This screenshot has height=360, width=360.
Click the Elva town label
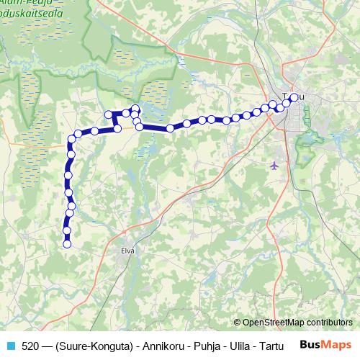tap(129, 251)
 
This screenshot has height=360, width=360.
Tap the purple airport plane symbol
tap(274, 166)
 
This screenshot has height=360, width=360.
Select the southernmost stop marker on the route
tap(67, 244)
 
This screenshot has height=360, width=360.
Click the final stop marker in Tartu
tap(294, 97)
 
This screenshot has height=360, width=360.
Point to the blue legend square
tap(11, 345)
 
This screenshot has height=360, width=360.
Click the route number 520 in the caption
tap(30, 345)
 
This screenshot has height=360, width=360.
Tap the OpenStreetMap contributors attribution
tap(297, 323)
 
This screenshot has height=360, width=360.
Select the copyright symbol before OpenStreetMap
tap(238, 323)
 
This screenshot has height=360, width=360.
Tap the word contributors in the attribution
tap(328, 323)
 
